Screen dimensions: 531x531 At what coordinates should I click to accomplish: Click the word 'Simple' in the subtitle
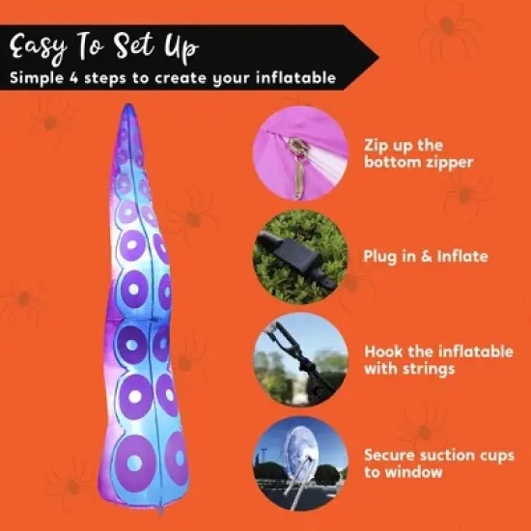point(40,78)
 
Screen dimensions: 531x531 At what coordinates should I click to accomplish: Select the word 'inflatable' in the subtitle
point(296,78)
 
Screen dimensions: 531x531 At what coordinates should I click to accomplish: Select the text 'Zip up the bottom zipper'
point(419,154)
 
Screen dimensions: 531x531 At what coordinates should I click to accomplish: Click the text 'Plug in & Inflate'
point(426,257)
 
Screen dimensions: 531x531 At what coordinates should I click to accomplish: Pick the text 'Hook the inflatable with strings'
point(438,359)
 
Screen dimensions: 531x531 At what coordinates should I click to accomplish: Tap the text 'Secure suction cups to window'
point(431,462)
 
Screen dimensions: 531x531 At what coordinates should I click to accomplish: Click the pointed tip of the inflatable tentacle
point(127,107)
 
